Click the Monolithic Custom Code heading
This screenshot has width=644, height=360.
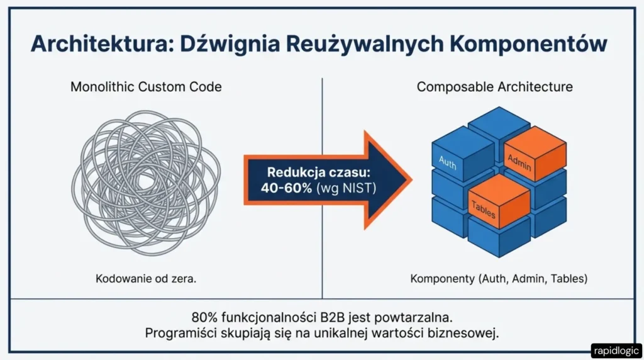pyautogui.click(x=146, y=86)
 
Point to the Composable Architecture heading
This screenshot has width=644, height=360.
pyautogui.click(x=494, y=86)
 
